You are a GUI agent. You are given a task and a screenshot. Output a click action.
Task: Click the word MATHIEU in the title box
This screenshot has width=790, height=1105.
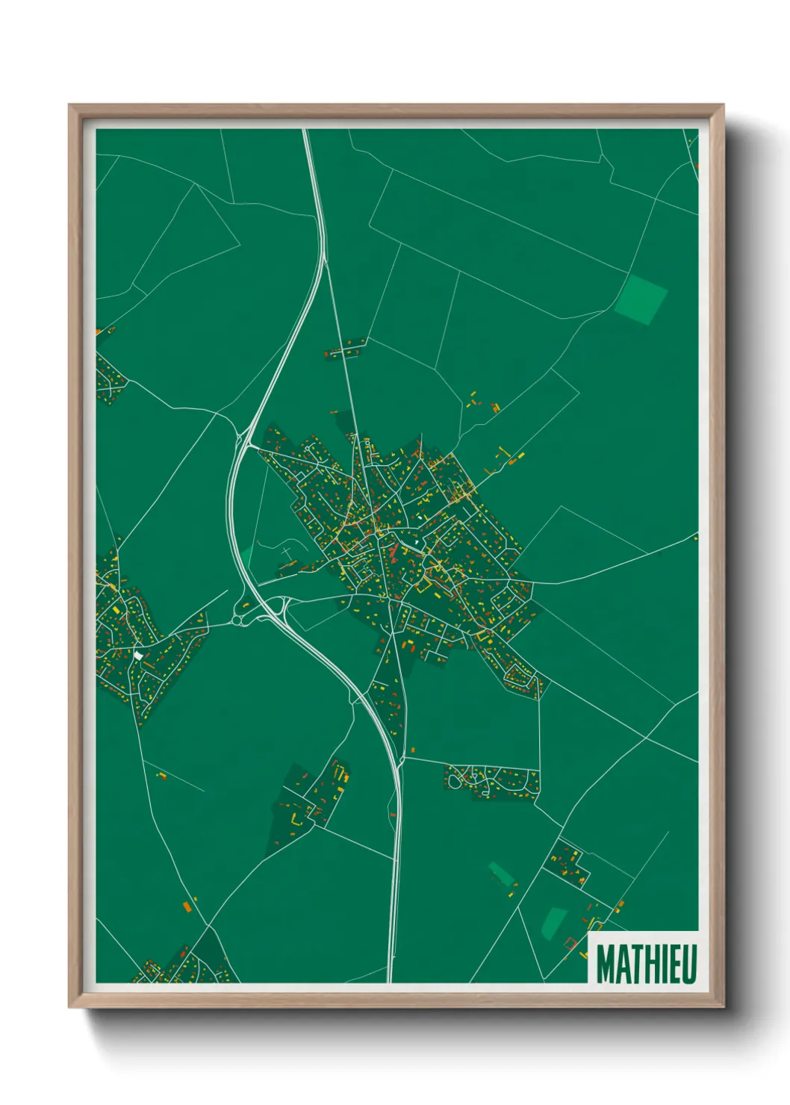647,964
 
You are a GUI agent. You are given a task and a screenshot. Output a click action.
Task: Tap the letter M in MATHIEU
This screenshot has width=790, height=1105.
606,964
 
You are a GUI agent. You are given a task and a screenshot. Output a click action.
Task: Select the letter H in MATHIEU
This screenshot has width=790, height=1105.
647,964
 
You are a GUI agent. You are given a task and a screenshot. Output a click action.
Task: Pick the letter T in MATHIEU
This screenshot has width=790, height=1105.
633,964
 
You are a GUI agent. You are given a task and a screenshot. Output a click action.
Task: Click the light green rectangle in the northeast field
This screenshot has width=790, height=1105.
641,299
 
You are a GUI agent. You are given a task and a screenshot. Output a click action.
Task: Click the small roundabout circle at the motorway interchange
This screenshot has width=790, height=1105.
238,618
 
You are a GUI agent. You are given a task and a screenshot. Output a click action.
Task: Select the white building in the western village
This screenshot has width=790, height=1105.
138,655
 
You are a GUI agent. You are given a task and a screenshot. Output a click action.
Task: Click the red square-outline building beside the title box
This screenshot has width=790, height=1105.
571,943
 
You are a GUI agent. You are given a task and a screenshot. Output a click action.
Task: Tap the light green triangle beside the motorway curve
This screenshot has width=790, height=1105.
246,558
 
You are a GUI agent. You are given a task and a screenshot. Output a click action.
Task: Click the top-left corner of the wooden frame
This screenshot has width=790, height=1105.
69,105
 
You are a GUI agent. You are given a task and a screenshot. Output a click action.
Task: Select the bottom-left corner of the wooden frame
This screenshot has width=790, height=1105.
69,1006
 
